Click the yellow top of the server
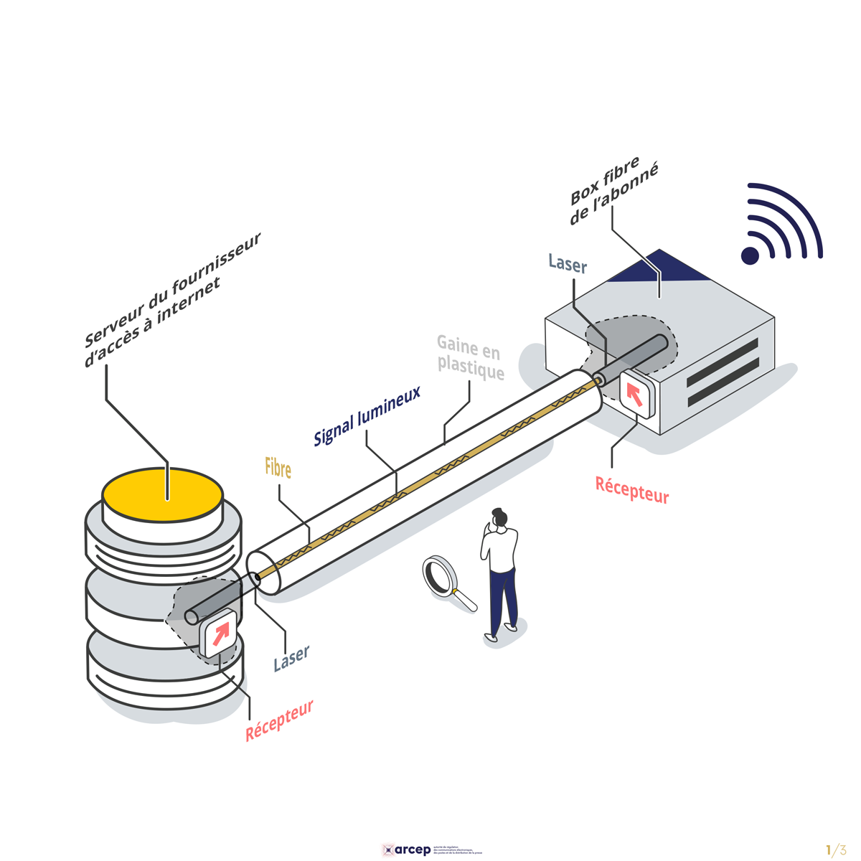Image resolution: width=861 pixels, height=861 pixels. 162,494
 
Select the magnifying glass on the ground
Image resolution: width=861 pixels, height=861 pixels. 445,578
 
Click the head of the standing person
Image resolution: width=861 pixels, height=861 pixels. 499,517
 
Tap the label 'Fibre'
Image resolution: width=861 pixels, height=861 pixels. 278,469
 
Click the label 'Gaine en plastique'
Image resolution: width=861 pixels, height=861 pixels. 470,359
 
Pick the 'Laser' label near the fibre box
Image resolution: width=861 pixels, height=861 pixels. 568,263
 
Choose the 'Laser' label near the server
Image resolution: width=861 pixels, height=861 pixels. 291,658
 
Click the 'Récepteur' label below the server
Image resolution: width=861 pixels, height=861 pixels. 280,720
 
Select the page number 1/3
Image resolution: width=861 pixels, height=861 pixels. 836,850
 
